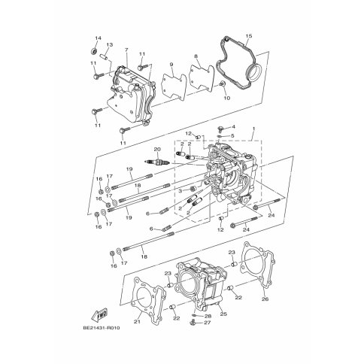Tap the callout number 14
[x=98, y=38]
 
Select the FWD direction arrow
[x=99, y=314]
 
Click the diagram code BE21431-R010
[x=102, y=328]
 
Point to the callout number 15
[x=248, y=36]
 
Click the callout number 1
[x=253, y=129]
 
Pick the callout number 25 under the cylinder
[x=223, y=314]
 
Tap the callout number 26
[x=265, y=299]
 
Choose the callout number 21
[x=137, y=322]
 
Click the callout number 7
[x=126, y=50]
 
